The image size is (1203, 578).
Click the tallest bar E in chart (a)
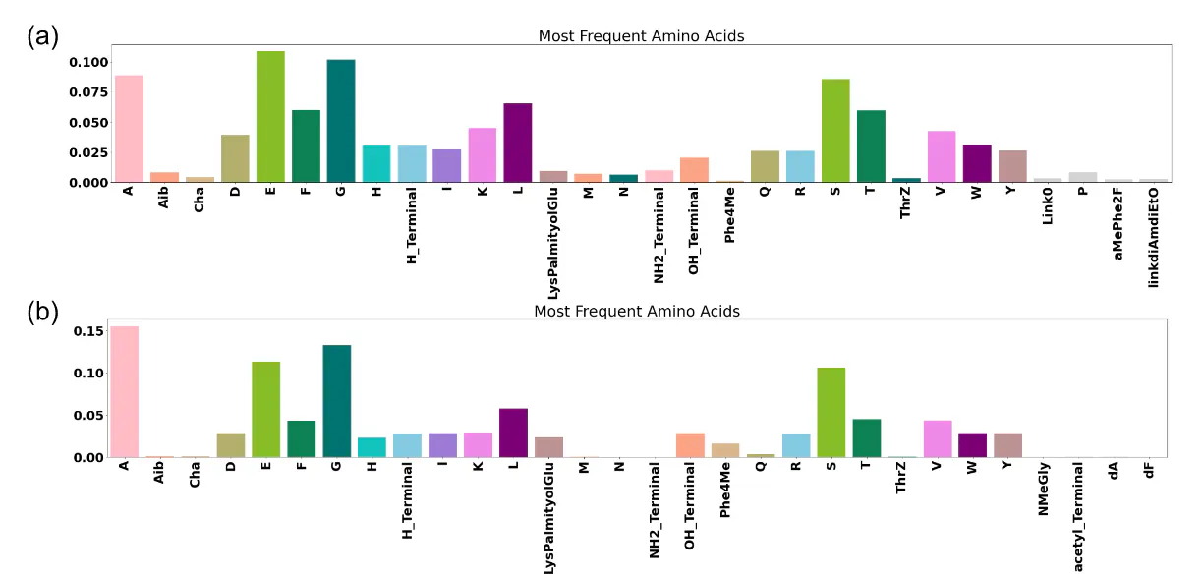pos(270,117)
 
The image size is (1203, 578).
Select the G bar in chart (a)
pos(341,121)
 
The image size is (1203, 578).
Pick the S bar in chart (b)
pos(831,412)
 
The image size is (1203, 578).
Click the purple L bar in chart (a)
pos(517,143)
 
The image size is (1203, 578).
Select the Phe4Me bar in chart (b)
pos(725,450)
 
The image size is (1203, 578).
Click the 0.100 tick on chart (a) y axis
pos(86,62)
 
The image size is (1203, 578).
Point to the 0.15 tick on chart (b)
pos(88,330)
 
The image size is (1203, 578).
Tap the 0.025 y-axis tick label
pos(86,152)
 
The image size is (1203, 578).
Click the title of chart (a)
pos(641,36)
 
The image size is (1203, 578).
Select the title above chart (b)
pos(636,311)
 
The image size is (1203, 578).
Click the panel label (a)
pos(42,36)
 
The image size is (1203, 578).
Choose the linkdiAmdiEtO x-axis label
pos(1153,238)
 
